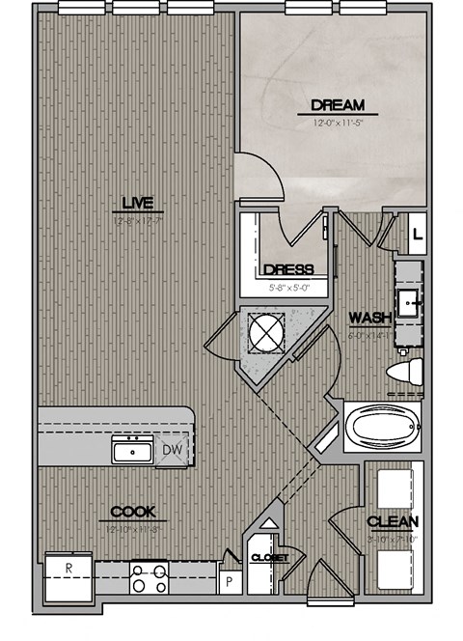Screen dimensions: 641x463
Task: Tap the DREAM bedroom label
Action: (337, 105)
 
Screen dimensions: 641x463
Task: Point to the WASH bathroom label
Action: (368, 317)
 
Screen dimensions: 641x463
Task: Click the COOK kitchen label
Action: (132, 513)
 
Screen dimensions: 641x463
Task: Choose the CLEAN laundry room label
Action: (393, 522)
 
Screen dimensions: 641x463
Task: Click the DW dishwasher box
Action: (174, 449)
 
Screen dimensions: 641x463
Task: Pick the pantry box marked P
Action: (229, 581)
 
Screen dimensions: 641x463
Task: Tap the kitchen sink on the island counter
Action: (131, 450)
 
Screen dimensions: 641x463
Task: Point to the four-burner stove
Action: (150, 577)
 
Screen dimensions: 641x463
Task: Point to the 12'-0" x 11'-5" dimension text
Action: (337, 123)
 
